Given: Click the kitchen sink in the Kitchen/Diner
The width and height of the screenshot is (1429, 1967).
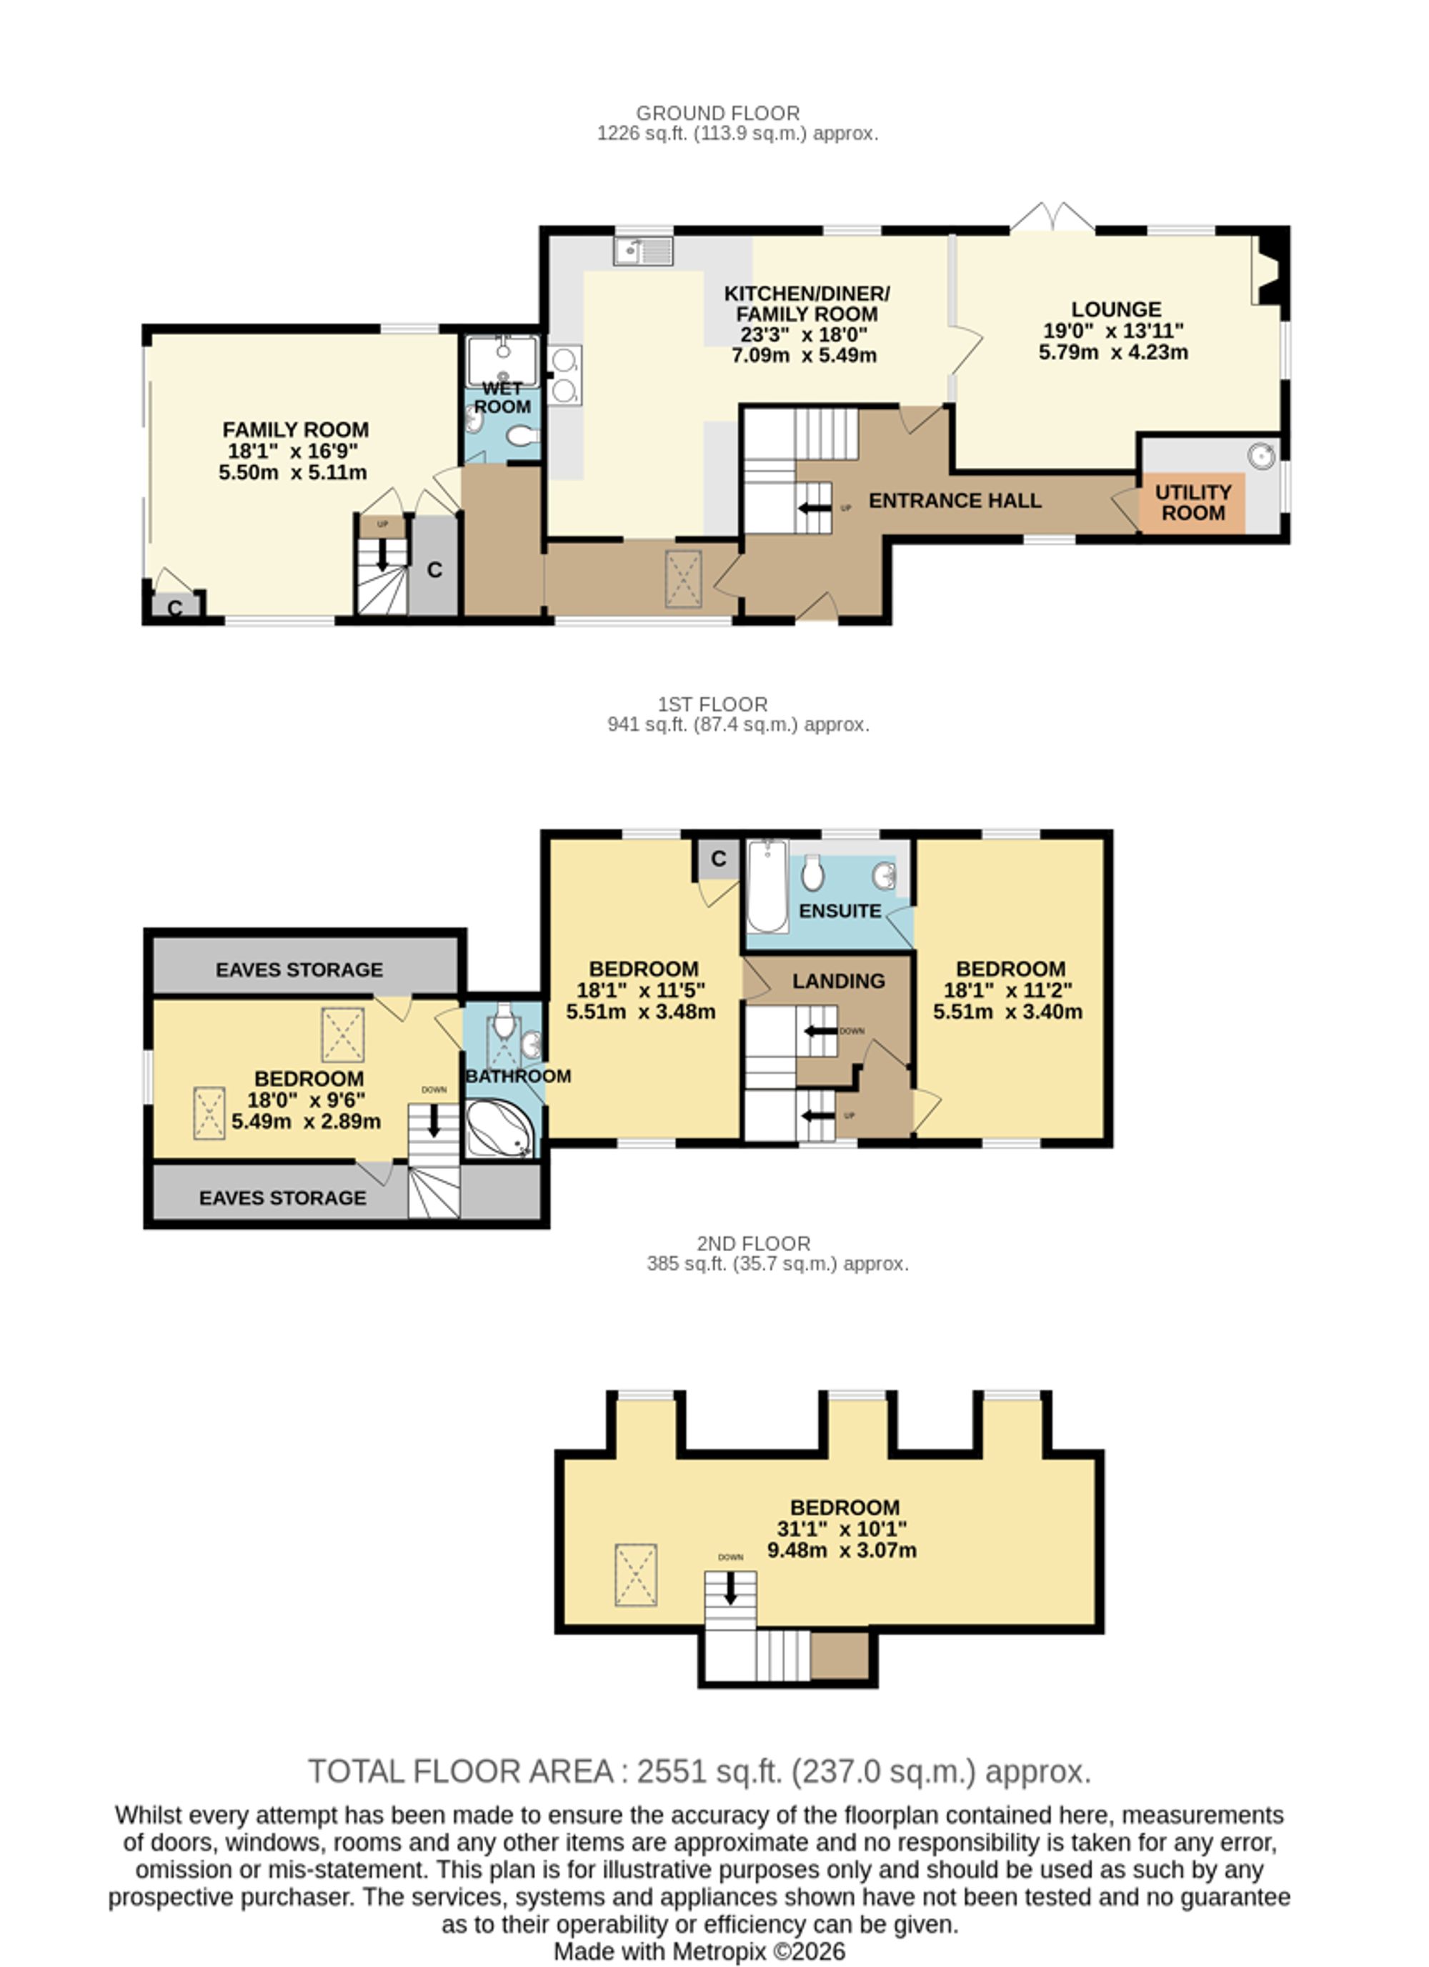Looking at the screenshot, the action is point(643,251).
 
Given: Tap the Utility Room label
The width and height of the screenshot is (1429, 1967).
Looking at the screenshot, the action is point(1193,502).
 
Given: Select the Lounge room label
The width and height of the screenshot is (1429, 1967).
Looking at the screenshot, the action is point(1116,309).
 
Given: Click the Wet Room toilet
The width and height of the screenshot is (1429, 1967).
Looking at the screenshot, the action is point(522,435).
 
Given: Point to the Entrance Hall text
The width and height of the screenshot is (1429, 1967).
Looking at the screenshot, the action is point(955,500).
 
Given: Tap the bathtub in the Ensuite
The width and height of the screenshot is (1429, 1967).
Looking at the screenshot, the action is point(767,885).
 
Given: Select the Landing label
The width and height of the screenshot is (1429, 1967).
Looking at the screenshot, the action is point(839,981).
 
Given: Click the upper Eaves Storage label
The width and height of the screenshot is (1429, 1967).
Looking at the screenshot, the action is point(299,970).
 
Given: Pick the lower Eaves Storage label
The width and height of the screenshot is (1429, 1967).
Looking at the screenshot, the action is point(283,1197).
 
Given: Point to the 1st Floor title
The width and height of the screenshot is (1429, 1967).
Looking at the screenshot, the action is point(713,704).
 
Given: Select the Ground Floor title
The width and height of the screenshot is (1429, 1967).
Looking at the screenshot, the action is point(718,113).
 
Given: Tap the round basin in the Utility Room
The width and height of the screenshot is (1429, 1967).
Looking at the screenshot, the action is point(1262,456).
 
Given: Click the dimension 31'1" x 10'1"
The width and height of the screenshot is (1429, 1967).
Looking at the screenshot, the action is point(842,1528).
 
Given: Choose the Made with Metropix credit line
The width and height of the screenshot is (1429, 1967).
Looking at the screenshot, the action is point(699,1951).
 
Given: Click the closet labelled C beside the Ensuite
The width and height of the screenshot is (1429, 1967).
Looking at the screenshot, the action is point(719,860).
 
